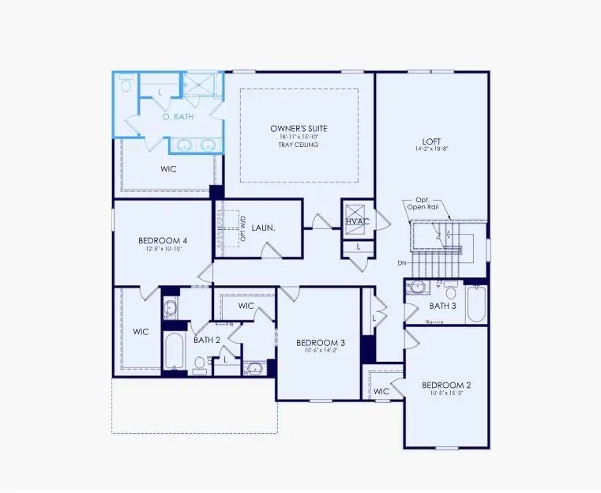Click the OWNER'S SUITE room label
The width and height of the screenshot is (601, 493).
pos(299,128)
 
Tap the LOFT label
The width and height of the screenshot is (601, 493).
pos(431,139)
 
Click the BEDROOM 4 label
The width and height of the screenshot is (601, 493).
pos(163,241)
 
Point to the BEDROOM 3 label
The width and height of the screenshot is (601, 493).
pos(321,343)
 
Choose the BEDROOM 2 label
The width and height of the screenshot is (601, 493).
pos(446,386)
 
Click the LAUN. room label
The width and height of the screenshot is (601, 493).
pos(264,228)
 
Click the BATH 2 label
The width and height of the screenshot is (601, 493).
pos(207,340)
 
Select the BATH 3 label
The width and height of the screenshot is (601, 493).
pos(443,306)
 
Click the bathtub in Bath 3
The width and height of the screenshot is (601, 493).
pos(476,303)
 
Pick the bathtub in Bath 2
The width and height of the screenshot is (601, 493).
pos(175,352)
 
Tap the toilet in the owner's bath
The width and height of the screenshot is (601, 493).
pos(126,84)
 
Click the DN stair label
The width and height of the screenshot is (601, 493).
pos(402,262)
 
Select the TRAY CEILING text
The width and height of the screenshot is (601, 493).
pos(299,145)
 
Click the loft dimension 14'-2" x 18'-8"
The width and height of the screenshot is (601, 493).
pos(431,149)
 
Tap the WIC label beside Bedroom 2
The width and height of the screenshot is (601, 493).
pos(382,391)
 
